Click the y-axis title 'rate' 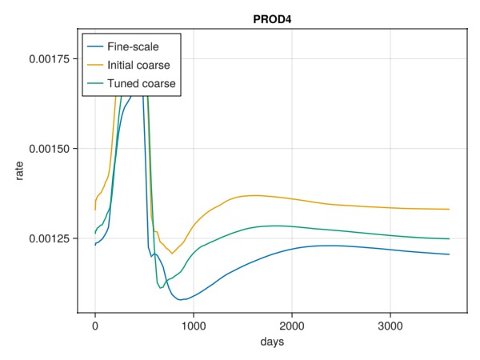[x=19, y=170]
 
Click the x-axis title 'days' [x=272, y=342]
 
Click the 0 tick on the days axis [x=95, y=326]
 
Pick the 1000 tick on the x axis [x=194, y=326]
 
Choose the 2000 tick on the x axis [x=292, y=326]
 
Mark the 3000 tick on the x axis [x=390, y=326]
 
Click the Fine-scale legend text [x=135, y=46]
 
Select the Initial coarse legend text [x=138, y=65]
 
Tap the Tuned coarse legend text [x=142, y=83]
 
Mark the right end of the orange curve [x=450, y=209]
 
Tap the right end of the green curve [x=450, y=238]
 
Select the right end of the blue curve [x=450, y=254]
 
